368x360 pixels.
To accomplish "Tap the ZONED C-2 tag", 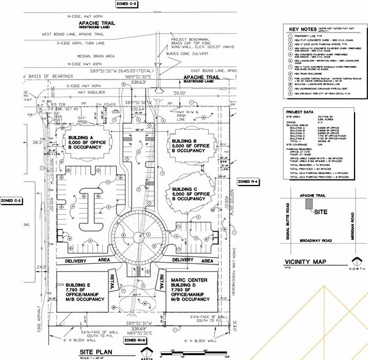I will [x=12, y=201].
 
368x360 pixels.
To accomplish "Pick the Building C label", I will [x=192, y=198].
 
